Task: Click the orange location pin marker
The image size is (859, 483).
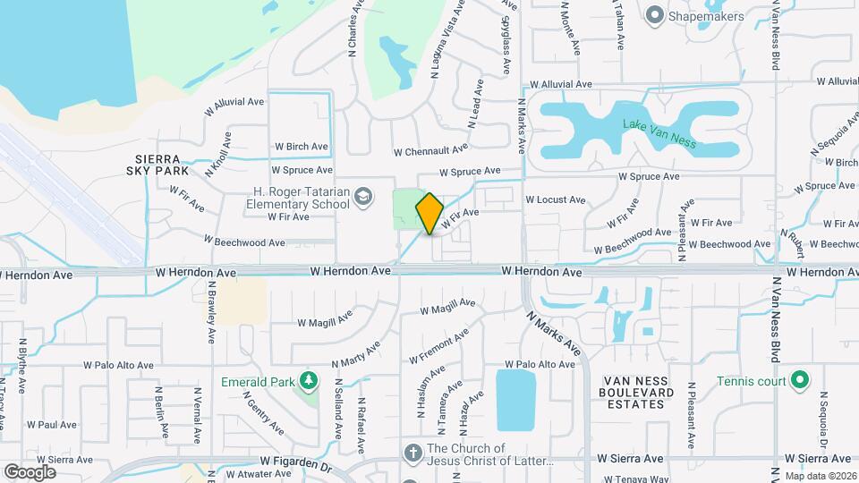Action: tap(429, 213)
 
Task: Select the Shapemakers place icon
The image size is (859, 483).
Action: tap(655, 14)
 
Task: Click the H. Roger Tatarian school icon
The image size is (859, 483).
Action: tap(363, 196)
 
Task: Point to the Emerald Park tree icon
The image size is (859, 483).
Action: tap(308, 382)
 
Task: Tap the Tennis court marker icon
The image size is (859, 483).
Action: tap(800, 381)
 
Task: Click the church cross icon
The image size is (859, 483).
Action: tap(413, 453)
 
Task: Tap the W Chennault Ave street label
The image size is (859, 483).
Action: tap(430, 150)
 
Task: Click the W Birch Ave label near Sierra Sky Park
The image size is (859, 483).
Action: tap(301, 146)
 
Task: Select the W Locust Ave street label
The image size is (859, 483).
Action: tap(555, 199)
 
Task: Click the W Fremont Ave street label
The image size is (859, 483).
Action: tap(439, 347)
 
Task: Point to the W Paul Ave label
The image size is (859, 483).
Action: tap(56, 425)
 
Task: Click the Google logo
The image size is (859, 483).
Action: tap(30, 471)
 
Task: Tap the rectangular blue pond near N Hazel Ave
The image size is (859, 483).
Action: tap(515, 400)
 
